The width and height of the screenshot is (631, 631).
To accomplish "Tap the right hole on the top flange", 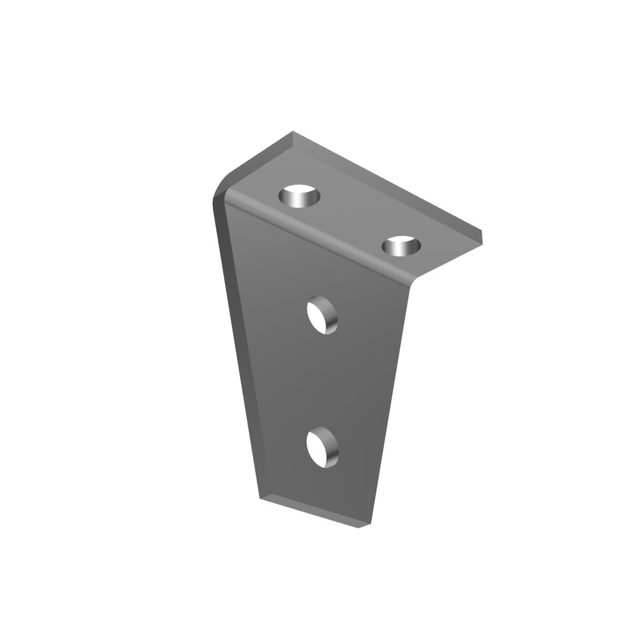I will click(x=402, y=246).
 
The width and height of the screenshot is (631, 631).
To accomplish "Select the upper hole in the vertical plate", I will click(x=322, y=316).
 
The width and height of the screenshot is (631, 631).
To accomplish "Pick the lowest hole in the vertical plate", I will click(x=322, y=447).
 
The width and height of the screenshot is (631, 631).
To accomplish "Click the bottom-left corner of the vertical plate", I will click(x=261, y=497).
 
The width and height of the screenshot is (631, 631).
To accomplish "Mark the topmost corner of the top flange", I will click(x=293, y=133).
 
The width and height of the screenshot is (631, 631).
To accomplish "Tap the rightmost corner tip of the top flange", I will click(x=481, y=232).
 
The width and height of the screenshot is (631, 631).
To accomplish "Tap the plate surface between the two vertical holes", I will click(x=322, y=381).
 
